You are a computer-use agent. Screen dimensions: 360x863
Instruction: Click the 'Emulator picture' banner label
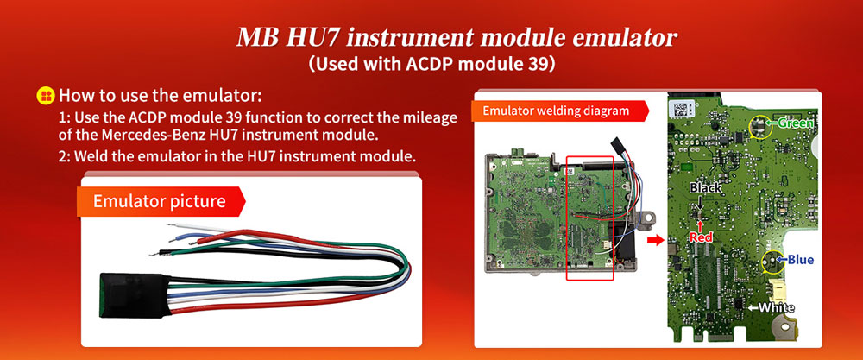160,202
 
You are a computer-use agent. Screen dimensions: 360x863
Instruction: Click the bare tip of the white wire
173,226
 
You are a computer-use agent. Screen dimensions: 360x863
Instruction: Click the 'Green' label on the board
796,123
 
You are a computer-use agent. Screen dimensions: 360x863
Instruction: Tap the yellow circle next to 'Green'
760,126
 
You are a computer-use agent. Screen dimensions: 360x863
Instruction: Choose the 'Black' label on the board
705,187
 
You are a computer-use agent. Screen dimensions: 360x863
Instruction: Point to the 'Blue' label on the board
799,259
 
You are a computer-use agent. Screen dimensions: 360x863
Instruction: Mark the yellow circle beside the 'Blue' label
770,260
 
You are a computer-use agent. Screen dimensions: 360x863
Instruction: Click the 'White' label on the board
776,307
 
